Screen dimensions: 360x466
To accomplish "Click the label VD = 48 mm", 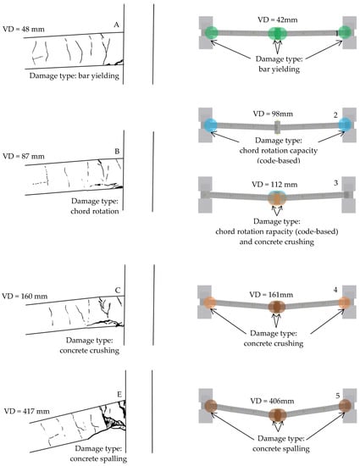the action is [x=24, y=29].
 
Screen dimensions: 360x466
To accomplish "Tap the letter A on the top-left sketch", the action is [x=116, y=25].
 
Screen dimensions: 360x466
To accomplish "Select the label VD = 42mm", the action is [x=278, y=19].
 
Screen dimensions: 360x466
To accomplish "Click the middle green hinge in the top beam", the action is [x=278, y=34].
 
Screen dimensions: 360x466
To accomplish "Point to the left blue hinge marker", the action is [x=212, y=125].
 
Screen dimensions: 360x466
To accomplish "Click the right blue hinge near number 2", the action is [x=345, y=125].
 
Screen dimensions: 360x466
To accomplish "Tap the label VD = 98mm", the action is [x=273, y=114].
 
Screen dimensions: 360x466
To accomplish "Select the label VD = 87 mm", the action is [x=24, y=156].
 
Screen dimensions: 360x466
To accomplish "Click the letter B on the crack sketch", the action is [x=117, y=152].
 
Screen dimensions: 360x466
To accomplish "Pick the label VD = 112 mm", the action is [x=274, y=184].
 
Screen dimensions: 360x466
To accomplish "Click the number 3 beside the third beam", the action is [x=335, y=183].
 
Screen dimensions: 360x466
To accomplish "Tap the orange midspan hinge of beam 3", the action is [x=277, y=198].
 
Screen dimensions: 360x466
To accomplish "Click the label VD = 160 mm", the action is [x=25, y=296].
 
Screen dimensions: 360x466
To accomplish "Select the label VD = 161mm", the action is [x=271, y=295].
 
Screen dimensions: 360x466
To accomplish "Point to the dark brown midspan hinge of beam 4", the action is [x=277, y=307].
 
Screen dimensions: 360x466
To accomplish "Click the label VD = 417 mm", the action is [x=27, y=411].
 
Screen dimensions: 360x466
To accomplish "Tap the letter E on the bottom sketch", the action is [x=119, y=394].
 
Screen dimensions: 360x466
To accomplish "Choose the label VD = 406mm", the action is [x=272, y=401].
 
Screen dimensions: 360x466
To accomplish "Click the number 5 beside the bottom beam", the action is [x=338, y=396].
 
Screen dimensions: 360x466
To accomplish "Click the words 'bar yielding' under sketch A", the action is [x=98, y=75].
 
